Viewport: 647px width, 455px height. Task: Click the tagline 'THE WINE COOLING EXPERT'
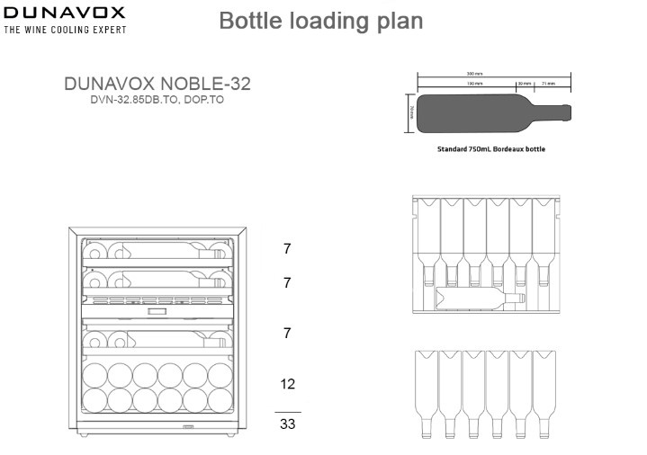pyautogui.click(x=65, y=30)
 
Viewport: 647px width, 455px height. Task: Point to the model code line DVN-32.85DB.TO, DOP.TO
pyautogui.click(x=157, y=102)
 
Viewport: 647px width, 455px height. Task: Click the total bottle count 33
pyautogui.click(x=288, y=424)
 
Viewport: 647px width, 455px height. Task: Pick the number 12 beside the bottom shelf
pyautogui.click(x=288, y=384)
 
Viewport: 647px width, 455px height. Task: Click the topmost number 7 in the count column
pyautogui.click(x=288, y=248)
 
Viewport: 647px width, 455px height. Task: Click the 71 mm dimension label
pyautogui.click(x=547, y=83)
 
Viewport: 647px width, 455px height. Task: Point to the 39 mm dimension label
pyautogui.click(x=522, y=83)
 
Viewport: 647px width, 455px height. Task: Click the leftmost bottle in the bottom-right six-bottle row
pyautogui.click(x=427, y=392)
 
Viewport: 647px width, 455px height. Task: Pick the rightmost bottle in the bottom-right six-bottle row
pyautogui.click(x=544, y=392)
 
